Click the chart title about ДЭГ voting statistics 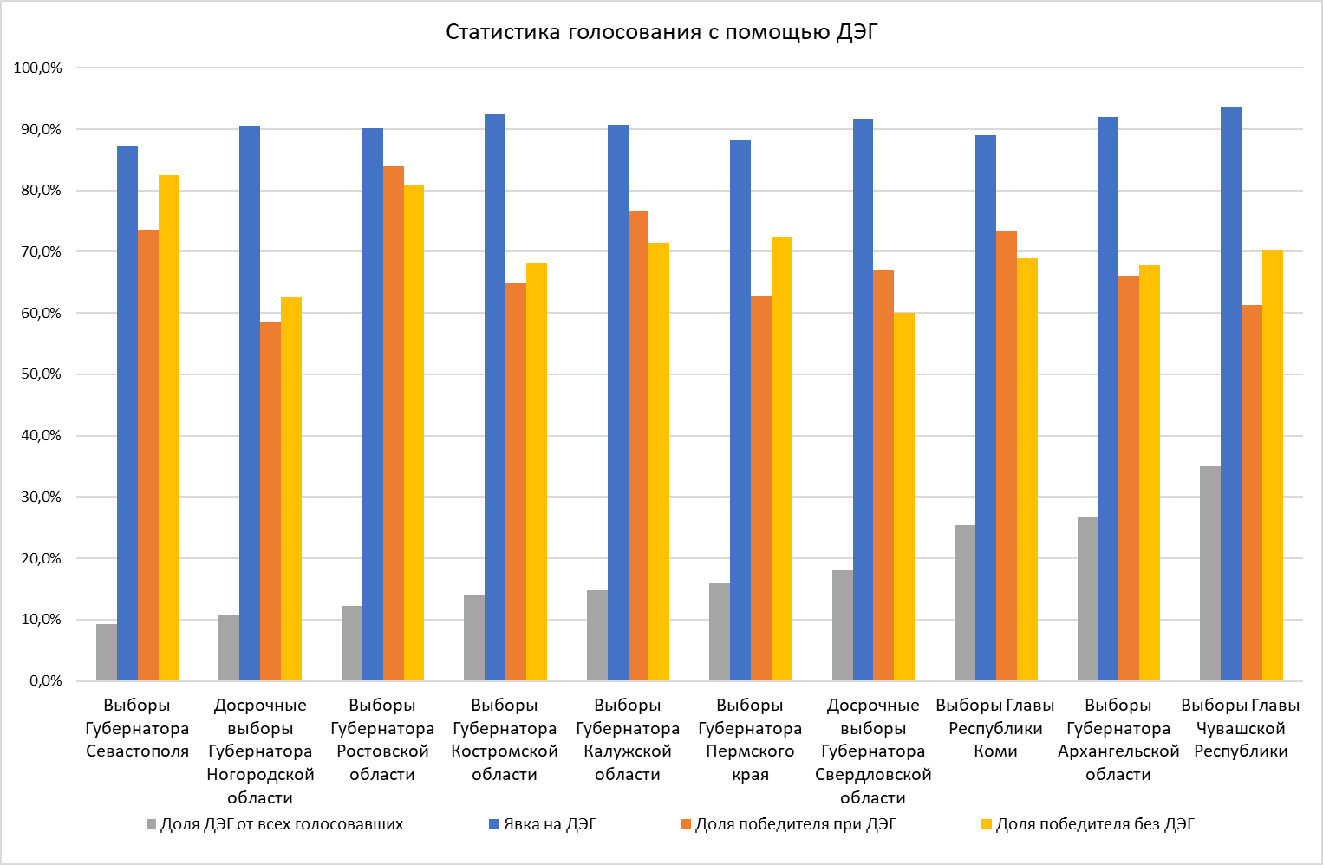point(661,32)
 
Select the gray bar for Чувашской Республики point(1209,574)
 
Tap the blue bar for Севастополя point(127,413)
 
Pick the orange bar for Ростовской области point(394,423)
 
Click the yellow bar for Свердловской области point(904,497)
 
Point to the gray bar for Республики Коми point(964,603)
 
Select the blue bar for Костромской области point(495,398)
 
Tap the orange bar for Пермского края point(761,489)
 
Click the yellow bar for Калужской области point(659,462)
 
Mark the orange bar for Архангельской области point(1129,478)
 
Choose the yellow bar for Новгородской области point(291,489)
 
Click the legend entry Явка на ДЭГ point(543,824)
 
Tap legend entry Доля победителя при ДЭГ point(788,824)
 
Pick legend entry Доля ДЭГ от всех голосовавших point(274,824)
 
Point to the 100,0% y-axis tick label point(38,68)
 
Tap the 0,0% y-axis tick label point(44,681)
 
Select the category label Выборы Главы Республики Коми point(995,728)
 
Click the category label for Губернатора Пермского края point(750,739)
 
